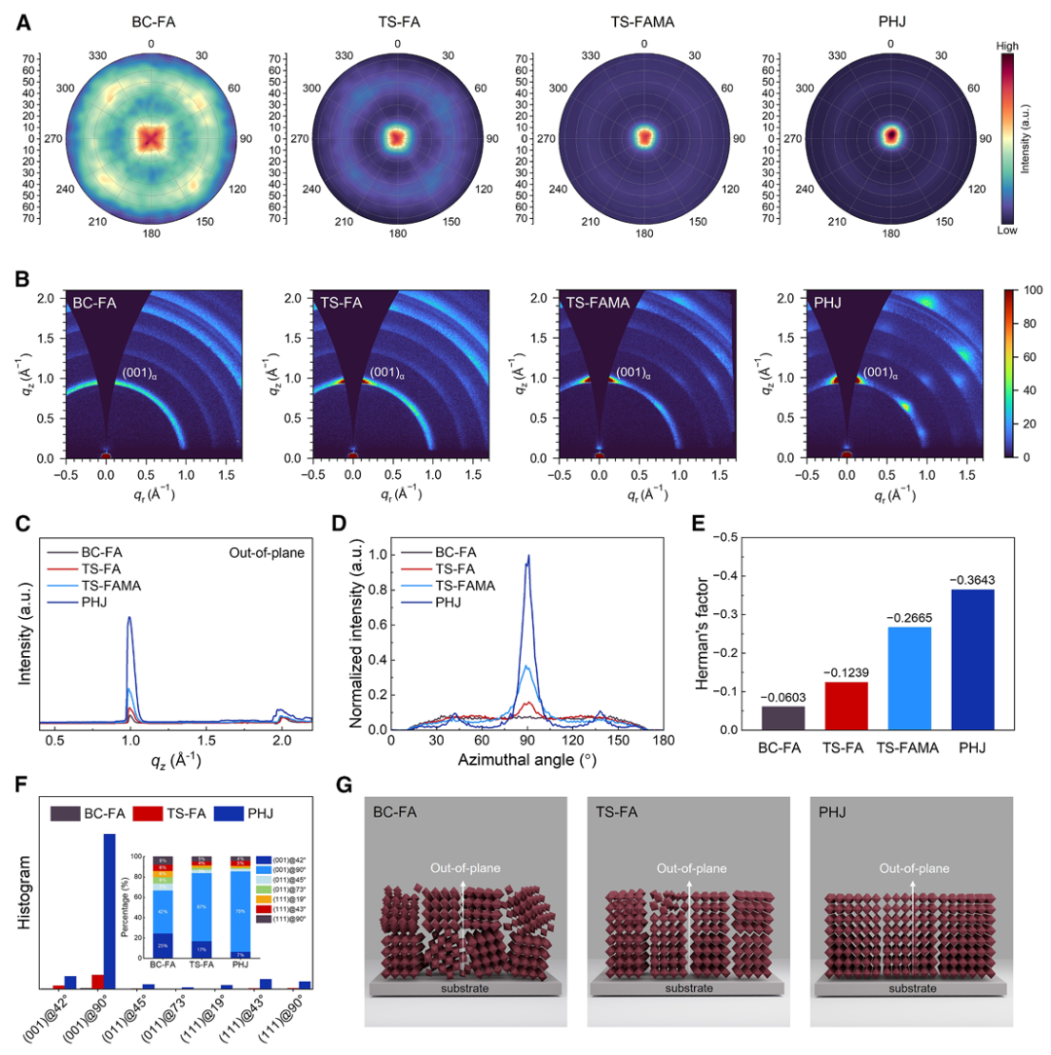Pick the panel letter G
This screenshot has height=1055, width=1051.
370,784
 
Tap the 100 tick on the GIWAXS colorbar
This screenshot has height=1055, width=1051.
1033,290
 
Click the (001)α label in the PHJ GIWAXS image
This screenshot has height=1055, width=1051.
881,372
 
